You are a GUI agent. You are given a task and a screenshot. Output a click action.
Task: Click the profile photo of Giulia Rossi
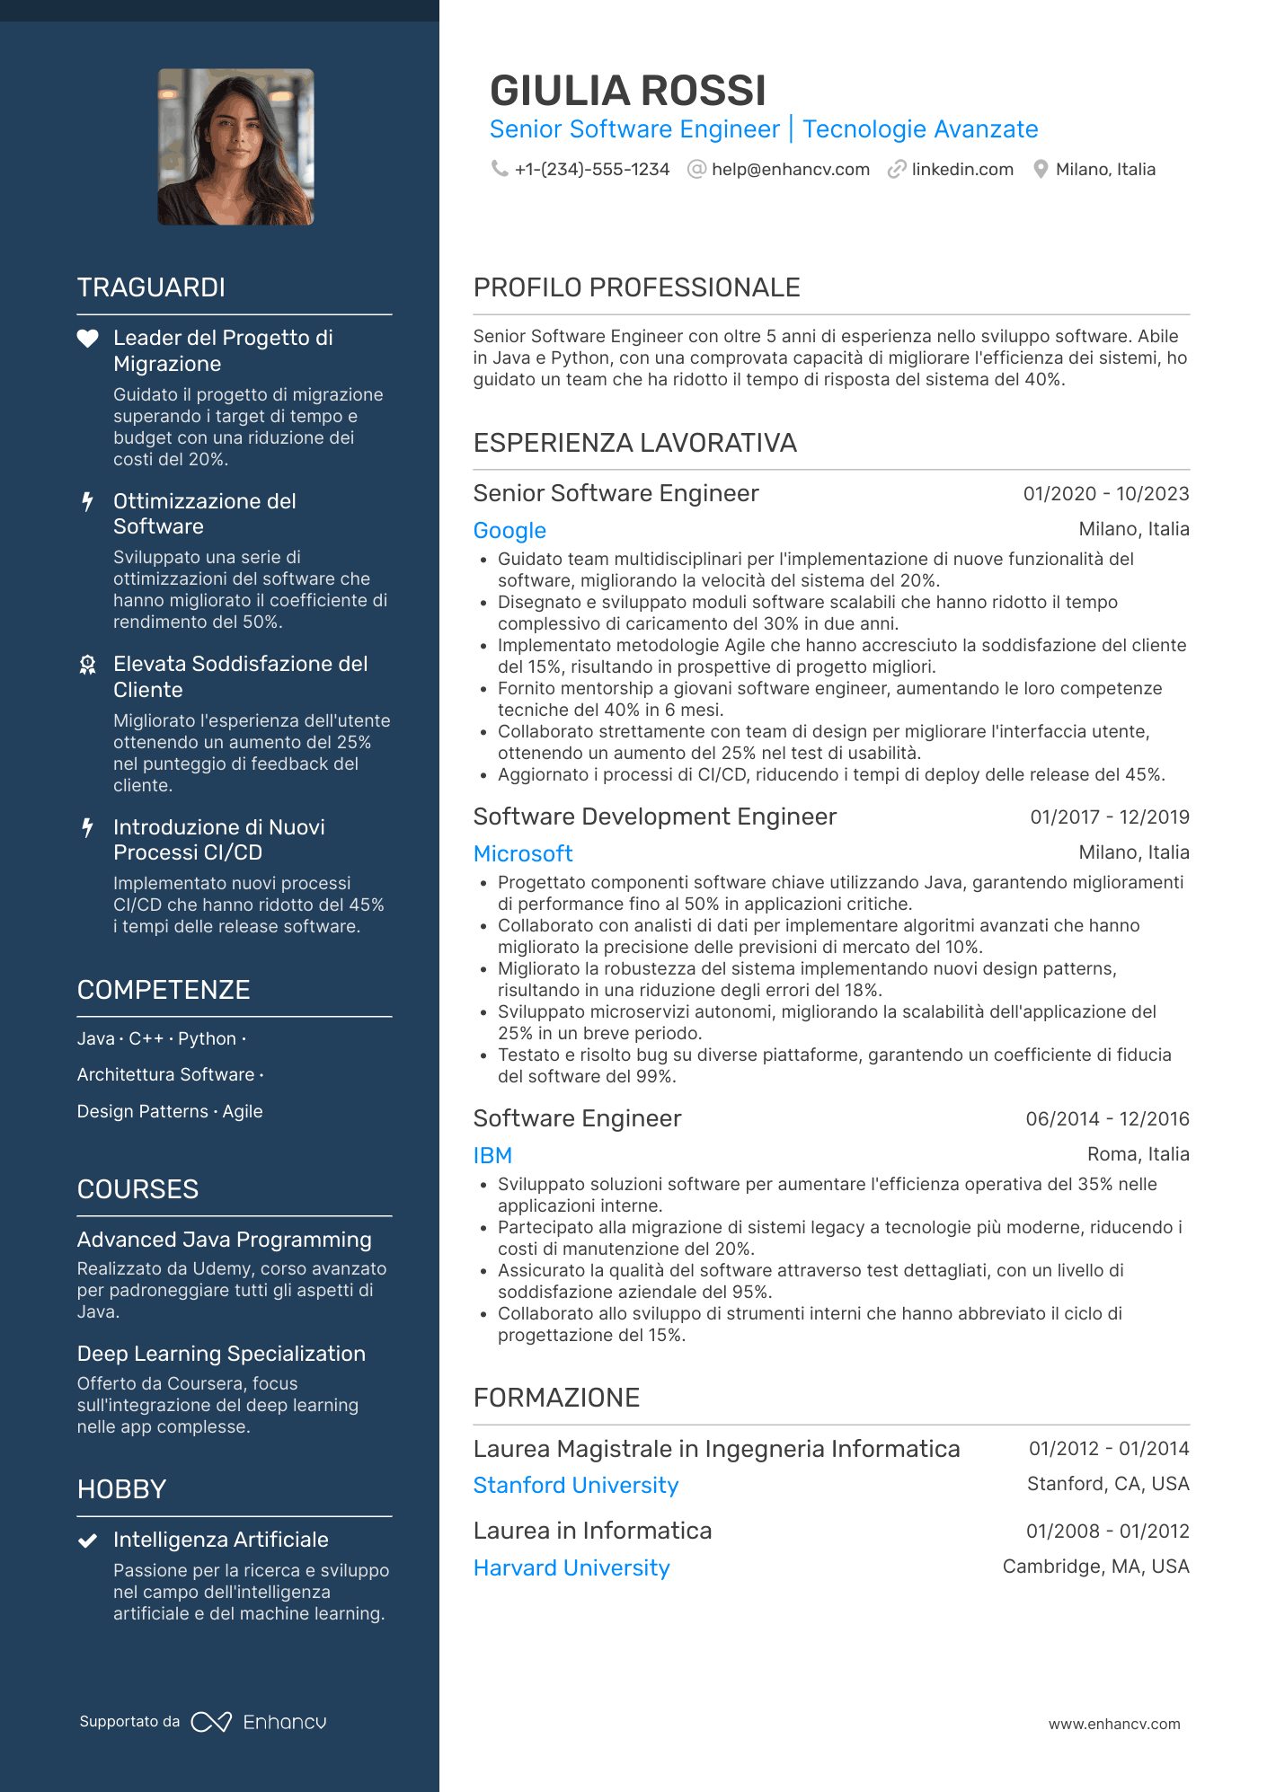click(235, 147)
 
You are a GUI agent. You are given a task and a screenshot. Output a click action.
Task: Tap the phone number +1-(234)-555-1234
click(591, 170)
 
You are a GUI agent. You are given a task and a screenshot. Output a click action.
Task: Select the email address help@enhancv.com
click(790, 170)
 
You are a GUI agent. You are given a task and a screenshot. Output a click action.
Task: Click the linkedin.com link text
click(961, 170)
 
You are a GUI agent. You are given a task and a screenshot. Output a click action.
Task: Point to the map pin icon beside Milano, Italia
click(1041, 170)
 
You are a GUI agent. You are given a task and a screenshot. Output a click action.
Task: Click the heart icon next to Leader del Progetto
click(87, 339)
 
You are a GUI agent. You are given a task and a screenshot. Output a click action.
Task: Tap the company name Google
click(509, 531)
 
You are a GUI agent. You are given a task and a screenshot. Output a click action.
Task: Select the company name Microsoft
click(523, 854)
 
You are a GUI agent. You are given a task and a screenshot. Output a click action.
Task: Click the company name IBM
click(492, 1156)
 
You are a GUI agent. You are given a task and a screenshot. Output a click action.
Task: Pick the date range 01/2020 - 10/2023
click(1105, 494)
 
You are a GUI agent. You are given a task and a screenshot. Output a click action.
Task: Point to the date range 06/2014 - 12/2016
click(1107, 1119)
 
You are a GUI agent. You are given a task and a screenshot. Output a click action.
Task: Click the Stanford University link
click(575, 1486)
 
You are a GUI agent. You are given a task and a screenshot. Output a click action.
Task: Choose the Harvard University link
click(571, 1568)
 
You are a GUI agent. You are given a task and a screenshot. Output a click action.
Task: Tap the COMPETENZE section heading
click(164, 990)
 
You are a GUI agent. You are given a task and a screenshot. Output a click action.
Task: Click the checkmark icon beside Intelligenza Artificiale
click(87, 1540)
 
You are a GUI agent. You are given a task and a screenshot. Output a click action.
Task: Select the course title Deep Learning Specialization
click(221, 1354)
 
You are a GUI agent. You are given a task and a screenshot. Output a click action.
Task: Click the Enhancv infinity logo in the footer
click(211, 1722)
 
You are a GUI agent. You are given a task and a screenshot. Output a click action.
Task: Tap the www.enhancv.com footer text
click(1113, 1725)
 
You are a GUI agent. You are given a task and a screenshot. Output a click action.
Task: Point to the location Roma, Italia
click(1138, 1154)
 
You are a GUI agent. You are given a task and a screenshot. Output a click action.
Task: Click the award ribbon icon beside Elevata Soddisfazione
click(87, 665)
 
